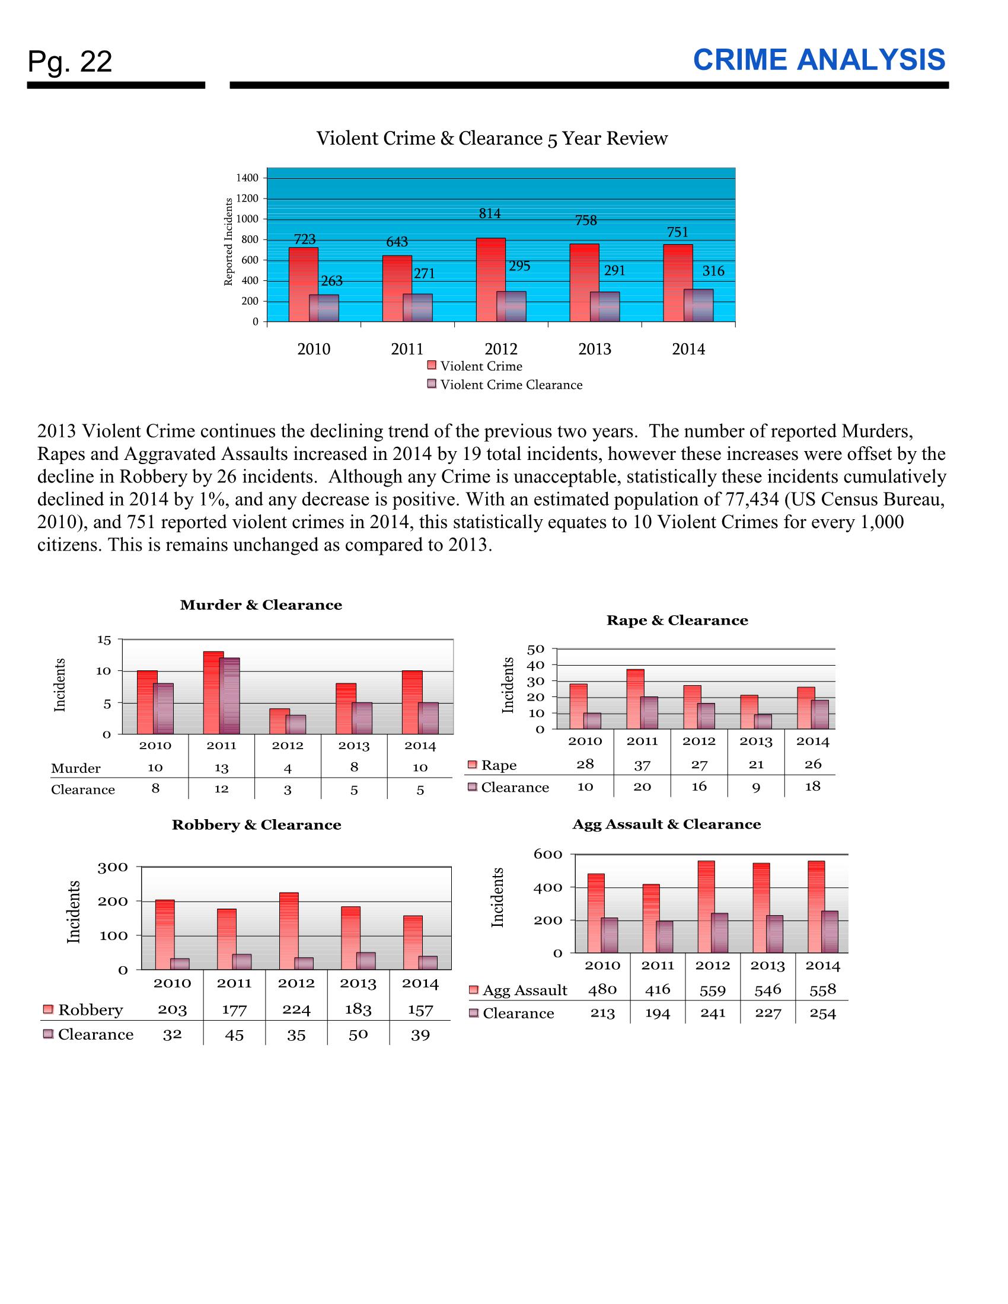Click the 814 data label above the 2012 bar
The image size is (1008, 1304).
coord(490,214)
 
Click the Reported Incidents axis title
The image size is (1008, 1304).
coord(228,242)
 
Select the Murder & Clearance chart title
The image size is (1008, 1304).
coord(261,605)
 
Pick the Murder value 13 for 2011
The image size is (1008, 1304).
coord(222,768)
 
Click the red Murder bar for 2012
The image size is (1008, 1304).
coord(279,721)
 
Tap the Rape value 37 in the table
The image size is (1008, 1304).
coord(642,765)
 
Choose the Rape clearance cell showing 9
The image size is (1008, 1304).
coord(756,788)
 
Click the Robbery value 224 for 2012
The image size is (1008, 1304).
coord(296,1009)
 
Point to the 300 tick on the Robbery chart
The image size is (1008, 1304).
coord(113,867)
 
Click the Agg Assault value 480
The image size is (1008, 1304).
coord(602,990)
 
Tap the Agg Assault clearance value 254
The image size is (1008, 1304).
coord(822,1014)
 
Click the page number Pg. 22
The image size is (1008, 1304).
coord(70,62)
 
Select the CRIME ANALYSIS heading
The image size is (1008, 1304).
coord(819,60)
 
